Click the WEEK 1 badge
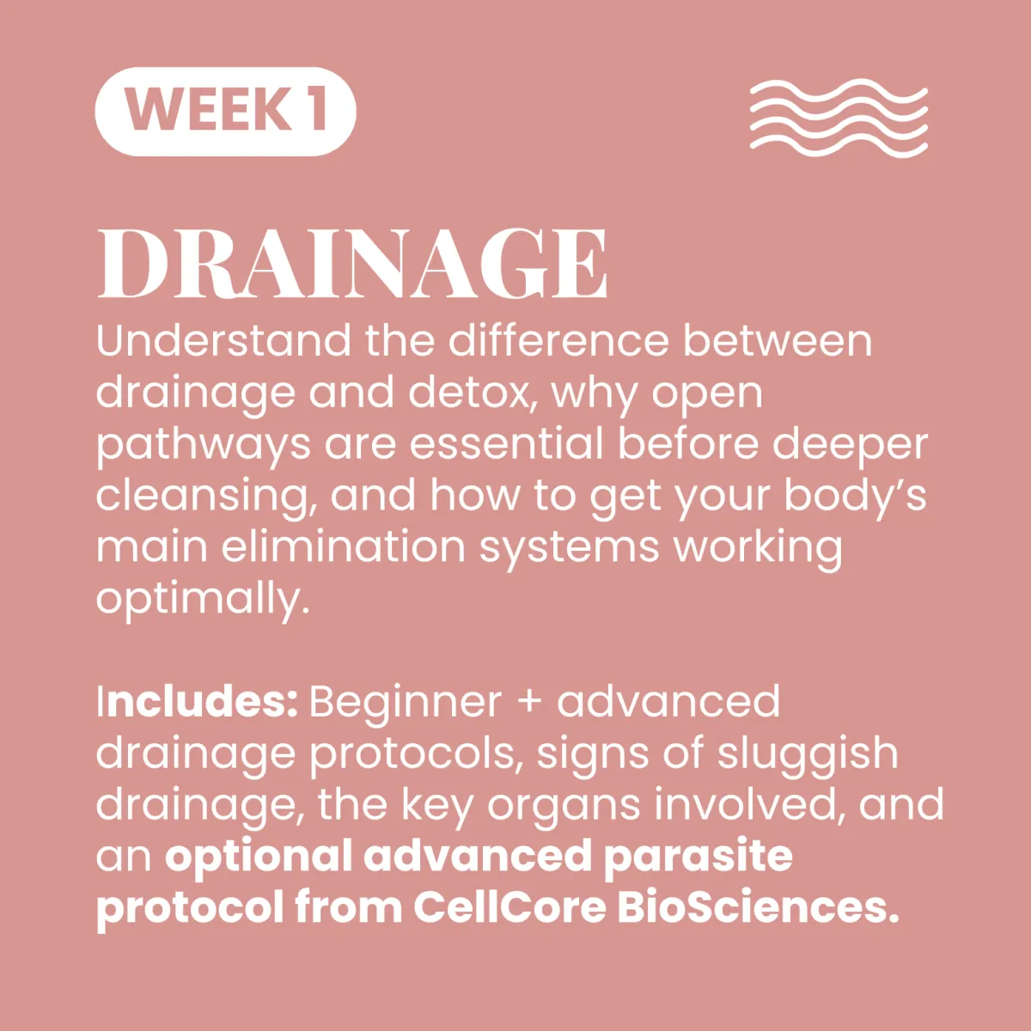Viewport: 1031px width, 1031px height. click(225, 112)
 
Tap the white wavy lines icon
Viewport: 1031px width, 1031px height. click(839, 119)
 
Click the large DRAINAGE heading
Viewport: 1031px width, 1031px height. click(352, 263)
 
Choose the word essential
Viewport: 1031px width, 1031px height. click(506, 443)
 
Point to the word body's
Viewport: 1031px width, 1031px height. click(855, 496)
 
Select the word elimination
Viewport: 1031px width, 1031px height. click(344, 547)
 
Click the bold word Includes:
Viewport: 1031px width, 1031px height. click(197, 702)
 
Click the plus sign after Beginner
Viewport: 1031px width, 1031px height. click(529, 703)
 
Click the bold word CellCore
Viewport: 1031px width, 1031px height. click(509, 908)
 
